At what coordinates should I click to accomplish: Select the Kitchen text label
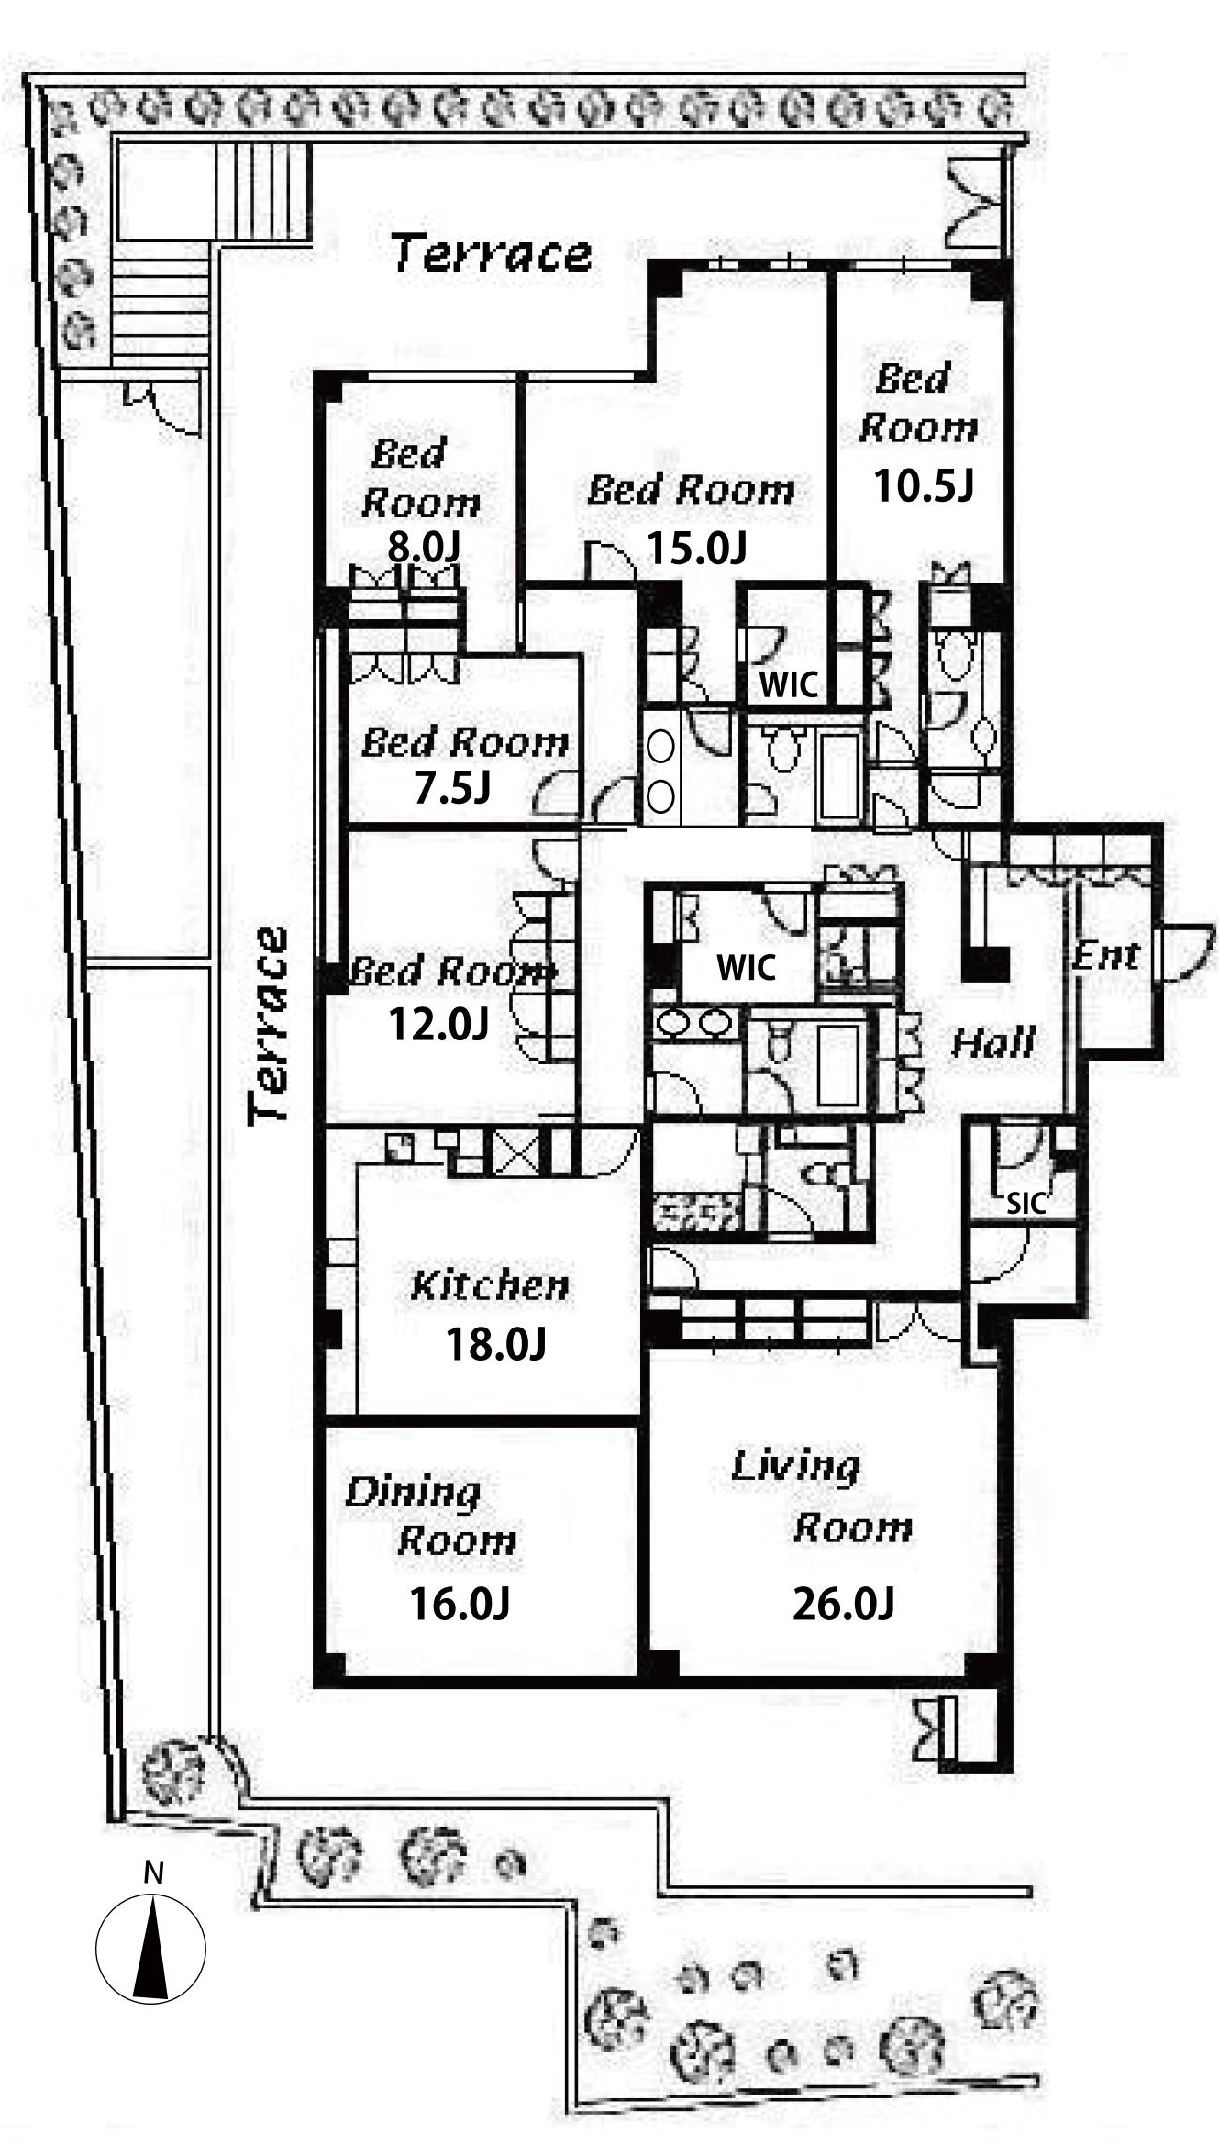[x=490, y=1285]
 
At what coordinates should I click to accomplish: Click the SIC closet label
[x=1025, y=1203]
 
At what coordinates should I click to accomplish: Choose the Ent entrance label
[x=1107, y=956]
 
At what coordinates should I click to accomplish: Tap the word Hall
[x=993, y=1043]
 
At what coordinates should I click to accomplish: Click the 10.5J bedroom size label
[x=923, y=485]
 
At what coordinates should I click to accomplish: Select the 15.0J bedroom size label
[x=697, y=548]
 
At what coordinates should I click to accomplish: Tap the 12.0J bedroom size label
[x=438, y=1024]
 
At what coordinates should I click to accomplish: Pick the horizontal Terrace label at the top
[x=492, y=252]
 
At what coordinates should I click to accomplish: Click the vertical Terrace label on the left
[x=270, y=1025]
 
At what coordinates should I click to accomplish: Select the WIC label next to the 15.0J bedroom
[x=789, y=684]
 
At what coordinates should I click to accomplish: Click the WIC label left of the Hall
[x=747, y=967]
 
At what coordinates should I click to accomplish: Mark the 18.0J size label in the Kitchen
[x=495, y=1345]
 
